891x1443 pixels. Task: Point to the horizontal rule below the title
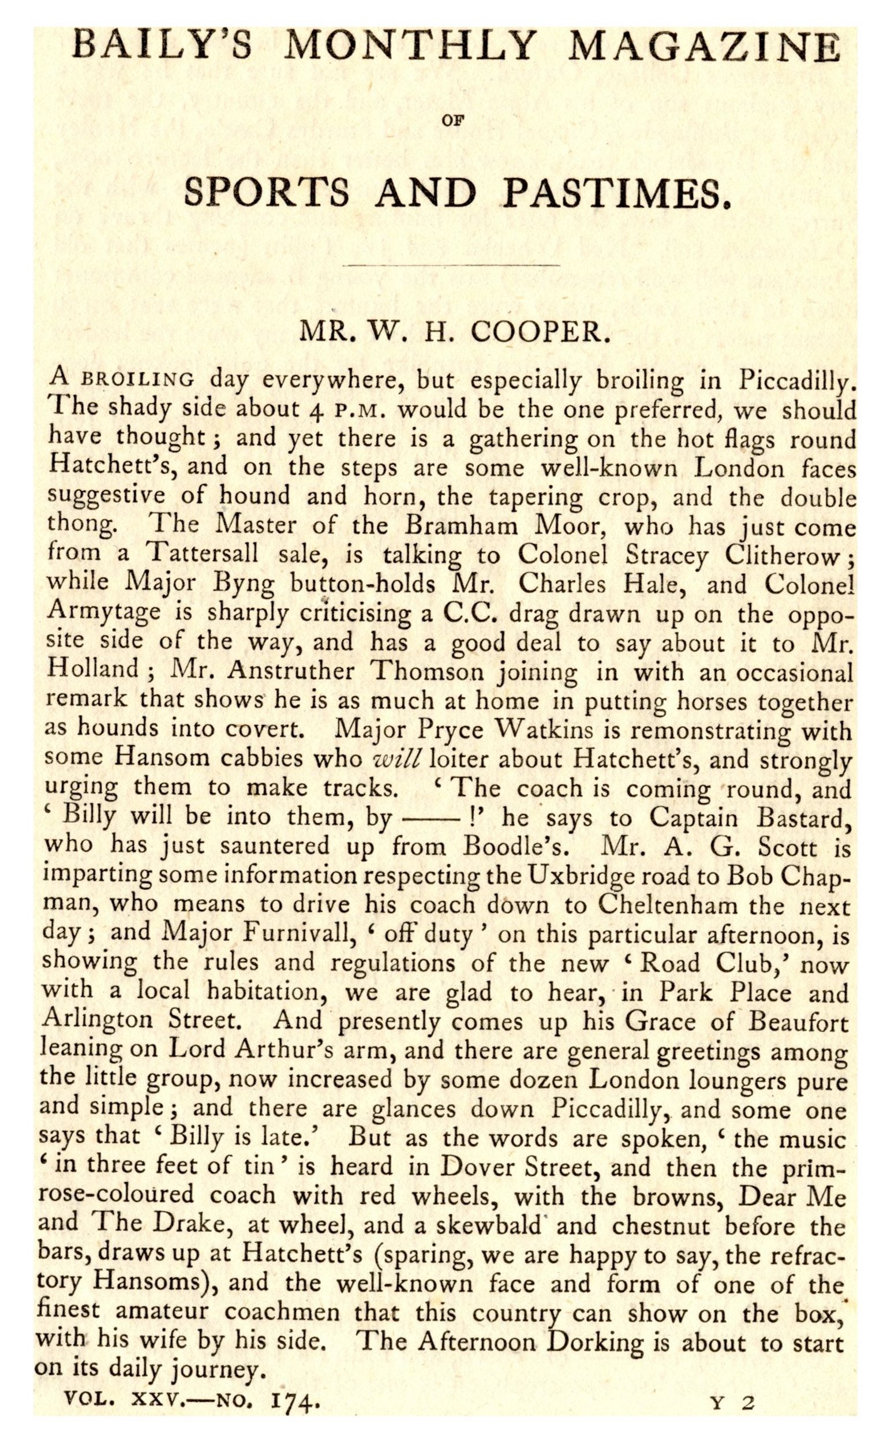[450, 266]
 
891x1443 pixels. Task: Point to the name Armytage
[104, 611]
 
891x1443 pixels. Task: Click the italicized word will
[396, 758]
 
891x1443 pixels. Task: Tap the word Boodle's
[516, 847]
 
